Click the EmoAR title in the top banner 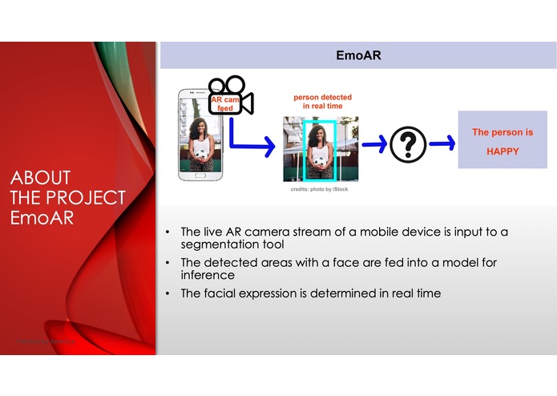358,56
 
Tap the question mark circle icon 408,144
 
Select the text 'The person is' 503,132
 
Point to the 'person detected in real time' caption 321,102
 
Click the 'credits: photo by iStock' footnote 319,190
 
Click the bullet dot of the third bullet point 168,293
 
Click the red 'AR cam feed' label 224,103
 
